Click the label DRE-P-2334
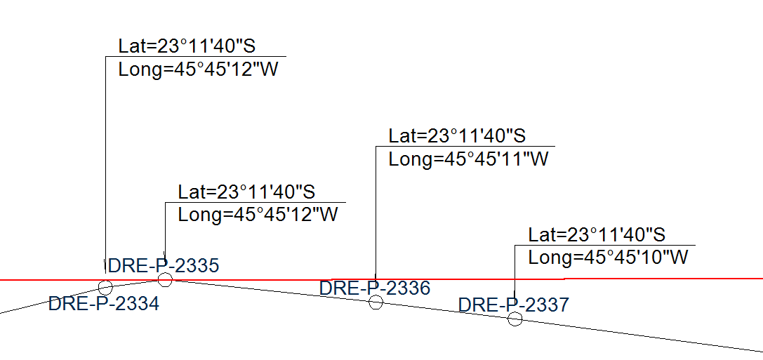pos(103,305)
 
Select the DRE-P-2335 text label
pos(164,265)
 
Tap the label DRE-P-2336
pos(374,288)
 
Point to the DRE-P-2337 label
pos(513,305)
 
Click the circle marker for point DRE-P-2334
pos(105,287)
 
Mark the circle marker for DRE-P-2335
pos(165,280)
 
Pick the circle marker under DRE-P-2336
pos(376,302)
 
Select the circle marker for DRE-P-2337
pos(515,319)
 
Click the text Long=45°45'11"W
pos(468,159)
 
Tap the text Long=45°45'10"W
pos(608,258)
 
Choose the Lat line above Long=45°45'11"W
pos(457,135)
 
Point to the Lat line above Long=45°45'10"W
pos(597,234)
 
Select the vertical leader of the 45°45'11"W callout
pos(376,211)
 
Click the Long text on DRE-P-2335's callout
pos(258,215)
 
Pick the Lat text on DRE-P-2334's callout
pos(186,46)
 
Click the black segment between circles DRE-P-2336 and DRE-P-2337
pos(446,311)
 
